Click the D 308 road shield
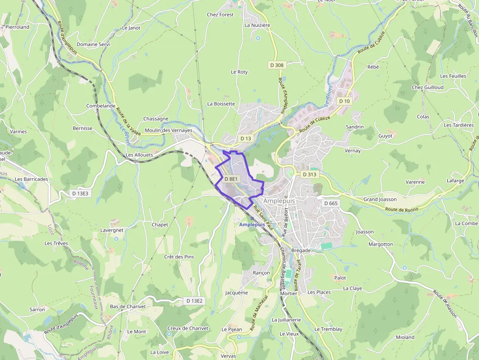click(276, 65)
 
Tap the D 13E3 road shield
click(80, 193)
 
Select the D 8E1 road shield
click(231, 179)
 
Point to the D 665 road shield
click(331, 203)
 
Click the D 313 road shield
click(309, 174)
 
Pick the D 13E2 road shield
click(194, 301)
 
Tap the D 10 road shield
click(344, 101)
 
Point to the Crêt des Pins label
click(179, 257)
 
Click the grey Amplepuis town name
click(280, 201)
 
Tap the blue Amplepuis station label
click(252, 224)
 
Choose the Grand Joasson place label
click(380, 199)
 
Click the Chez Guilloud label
click(427, 87)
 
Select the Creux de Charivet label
click(188, 328)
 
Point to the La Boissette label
click(221, 104)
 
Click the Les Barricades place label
click(31, 179)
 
